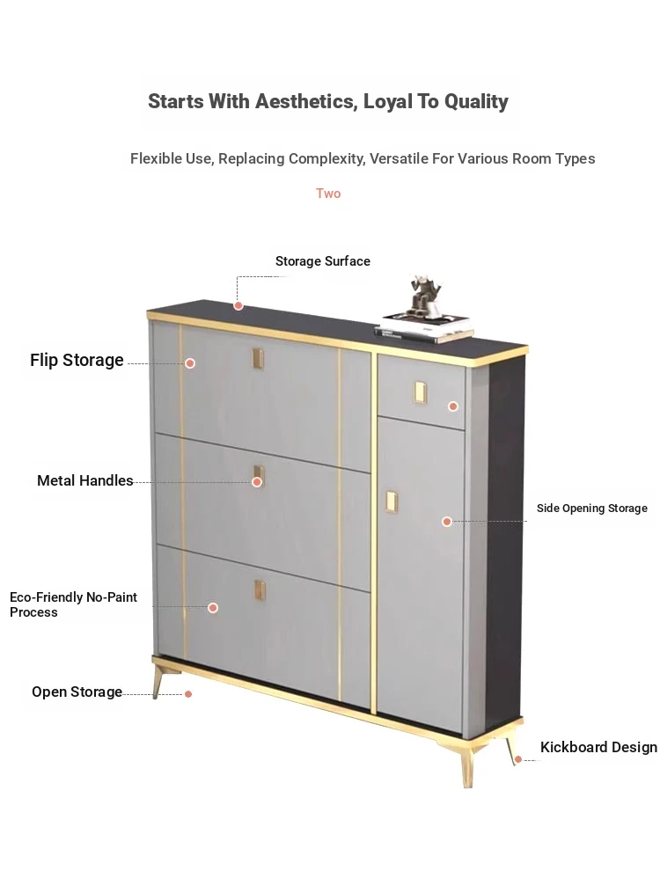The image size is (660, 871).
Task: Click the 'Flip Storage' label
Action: pyautogui.click(x=77, y=360)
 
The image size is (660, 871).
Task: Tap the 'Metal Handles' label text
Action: pyautogui.click(x=85, y=480)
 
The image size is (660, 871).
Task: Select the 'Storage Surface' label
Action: pyautogui.click(x=323, y=261)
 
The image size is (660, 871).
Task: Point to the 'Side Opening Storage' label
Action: pyautogui.click(x=591, y=509)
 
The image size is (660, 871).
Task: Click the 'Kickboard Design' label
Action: pyautogui.click(x=598, y=747)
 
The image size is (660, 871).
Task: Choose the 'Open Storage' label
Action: pyautogui.click(x=77, y=692)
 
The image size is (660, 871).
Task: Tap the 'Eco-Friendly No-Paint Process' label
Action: pyautogui.click(x=73, y=605)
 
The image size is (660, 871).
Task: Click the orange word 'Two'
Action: pyautogui.click(x=328, y=194)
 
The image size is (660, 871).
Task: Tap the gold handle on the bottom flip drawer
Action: pyautogui.click(x=260, y=590)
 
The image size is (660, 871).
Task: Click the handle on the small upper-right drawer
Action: pyautogui.click(x=420, y=392)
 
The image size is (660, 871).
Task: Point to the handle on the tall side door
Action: pyautogui.click(x=391, y=501)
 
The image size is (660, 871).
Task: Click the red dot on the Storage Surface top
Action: pyautogui.click(x=238, y=305)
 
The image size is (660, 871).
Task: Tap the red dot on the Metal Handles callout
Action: pyautogui.click(x=257, y=482)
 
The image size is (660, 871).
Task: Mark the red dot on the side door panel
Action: pyautogui.click(x=447, y=522)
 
